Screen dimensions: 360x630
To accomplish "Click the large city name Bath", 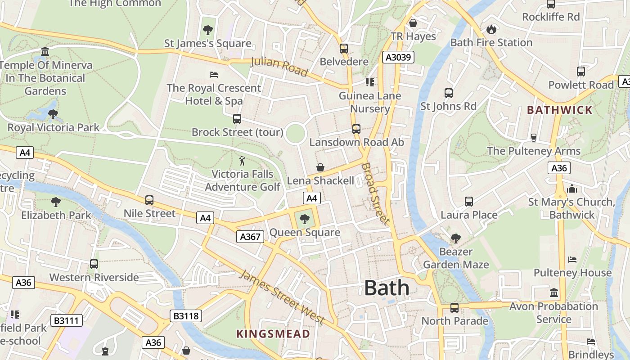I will click(x=387, y=288).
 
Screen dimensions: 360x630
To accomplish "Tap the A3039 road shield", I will click(x=398, y=57).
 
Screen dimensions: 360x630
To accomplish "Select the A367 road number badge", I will click(x=250, y=237).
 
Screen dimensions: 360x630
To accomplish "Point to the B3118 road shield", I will click(x=186, y=316).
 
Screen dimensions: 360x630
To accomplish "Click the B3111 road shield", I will click(x=67, y=320).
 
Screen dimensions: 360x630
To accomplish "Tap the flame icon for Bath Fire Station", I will click(x=491, y=30).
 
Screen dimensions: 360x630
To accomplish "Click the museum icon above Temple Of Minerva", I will click(x=45, y=52).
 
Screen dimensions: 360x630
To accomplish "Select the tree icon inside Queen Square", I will click(x=305, y=219).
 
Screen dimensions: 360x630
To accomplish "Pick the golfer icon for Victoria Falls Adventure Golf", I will click(x=242, y=160).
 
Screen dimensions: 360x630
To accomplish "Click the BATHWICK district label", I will click(x=560, y=110).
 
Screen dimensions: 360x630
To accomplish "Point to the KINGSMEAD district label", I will click(x=273, y=334).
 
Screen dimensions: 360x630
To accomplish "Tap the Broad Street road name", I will click(x=374, y=193).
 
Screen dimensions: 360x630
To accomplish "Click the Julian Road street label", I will click(x=279, y=67).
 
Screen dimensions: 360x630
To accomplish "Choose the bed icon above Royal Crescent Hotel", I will click(x=214, y=74).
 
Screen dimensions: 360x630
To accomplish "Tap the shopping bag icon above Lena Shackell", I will click(x=320, y=167).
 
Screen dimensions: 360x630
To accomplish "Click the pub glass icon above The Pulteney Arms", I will click(x=534, y=137).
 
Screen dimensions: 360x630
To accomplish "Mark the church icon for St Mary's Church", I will click(x=572, y=189).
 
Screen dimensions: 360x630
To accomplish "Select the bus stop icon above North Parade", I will click(x=454, y=308).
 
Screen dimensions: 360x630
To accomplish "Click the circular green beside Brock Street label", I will click(x=296, y=134).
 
